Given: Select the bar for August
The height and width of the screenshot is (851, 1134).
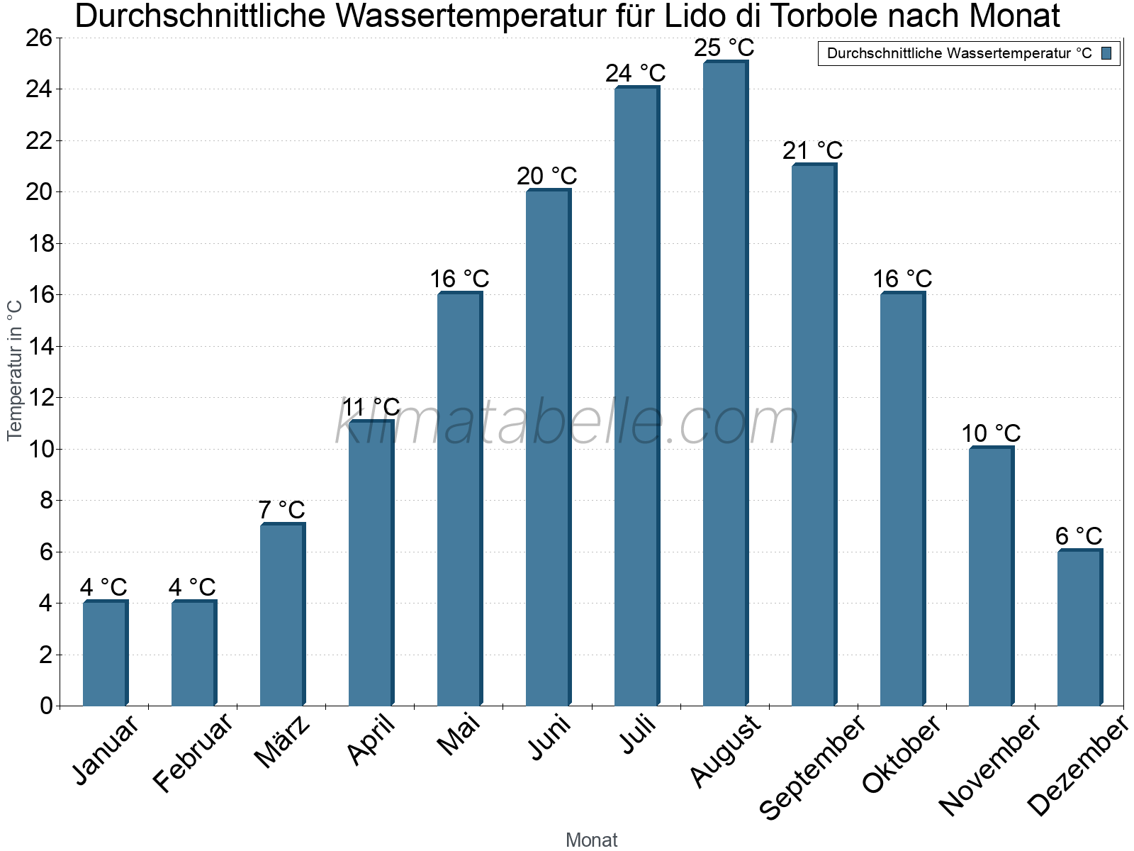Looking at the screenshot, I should coord(725,383).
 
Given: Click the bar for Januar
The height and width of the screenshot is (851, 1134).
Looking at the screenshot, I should coord(105,653).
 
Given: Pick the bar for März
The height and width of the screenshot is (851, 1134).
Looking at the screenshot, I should coord(282,614).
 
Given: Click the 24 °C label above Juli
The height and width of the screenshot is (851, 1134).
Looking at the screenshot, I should coord(636,73).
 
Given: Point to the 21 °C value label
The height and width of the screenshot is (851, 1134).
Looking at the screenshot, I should coord(813,150).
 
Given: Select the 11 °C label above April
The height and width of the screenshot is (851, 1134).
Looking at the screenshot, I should coord(371,407).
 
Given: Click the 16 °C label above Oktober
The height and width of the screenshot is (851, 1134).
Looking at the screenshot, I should coord(902,279).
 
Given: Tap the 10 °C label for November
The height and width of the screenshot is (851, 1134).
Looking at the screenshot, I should coord(991,433).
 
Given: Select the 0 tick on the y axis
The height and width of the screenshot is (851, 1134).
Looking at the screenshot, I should coord(47,706).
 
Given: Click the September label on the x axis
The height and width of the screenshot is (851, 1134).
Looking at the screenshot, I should coord(812,767).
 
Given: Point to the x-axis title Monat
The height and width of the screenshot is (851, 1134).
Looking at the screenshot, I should coord(592,840).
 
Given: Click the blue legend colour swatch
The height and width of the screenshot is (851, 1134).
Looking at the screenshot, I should coord(1106,53).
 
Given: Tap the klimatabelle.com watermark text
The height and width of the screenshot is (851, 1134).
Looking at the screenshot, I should coord(567,423).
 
